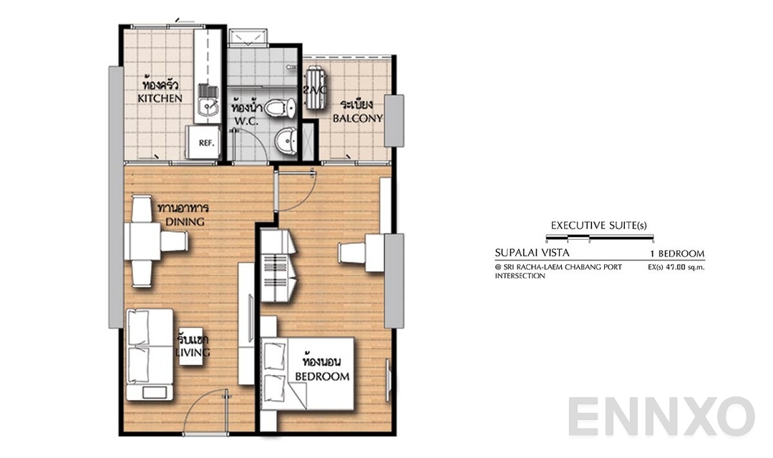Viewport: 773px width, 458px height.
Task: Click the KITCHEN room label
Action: coord(160,98)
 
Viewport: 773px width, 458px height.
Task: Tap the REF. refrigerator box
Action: coord(205,143)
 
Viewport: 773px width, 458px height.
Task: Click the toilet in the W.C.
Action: coord(280,109)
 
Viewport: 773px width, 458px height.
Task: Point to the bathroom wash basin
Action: coord(287,140)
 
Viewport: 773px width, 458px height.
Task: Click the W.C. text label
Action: coord(245,121)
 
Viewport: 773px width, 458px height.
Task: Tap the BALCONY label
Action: coord(357,118)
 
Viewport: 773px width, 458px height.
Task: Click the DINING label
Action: coord(185,222)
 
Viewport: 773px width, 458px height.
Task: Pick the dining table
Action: coord(142,241)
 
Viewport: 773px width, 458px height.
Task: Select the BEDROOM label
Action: coord(322,376)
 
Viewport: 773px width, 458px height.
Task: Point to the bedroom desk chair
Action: coord(351,253)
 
